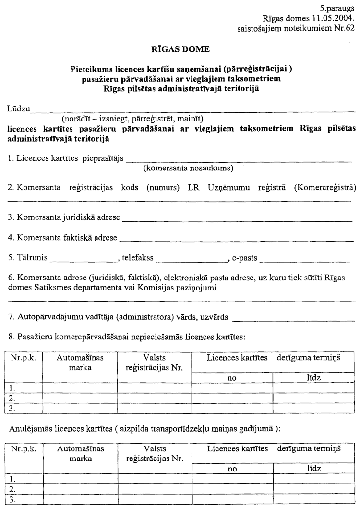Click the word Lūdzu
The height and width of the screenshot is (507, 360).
point(18,109)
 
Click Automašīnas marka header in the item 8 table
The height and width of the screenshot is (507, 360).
point(80,362)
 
